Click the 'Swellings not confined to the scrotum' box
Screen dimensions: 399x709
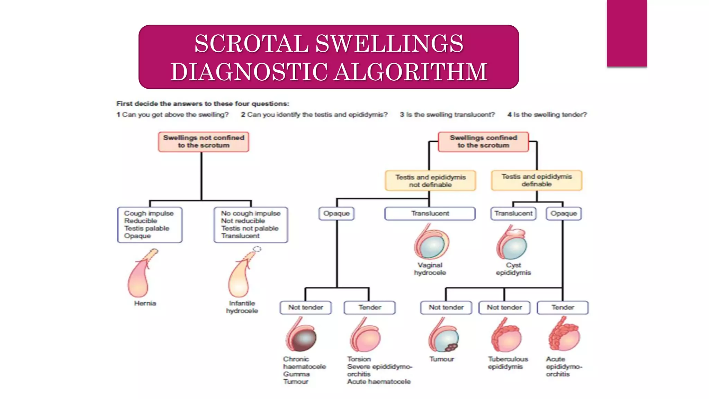tap(204, 142)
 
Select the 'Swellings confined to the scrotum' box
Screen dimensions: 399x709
tap(483, 142)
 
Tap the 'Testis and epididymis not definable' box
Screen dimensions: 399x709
tap(430, 180)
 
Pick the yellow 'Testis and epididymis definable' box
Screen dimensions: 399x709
tap(537, 180)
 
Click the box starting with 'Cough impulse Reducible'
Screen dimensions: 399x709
tap(150, 225)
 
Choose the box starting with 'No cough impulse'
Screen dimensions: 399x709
tap(251, 225)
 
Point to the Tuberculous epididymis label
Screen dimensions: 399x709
tap(508, 363)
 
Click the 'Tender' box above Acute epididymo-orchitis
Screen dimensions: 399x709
tap(563, 307)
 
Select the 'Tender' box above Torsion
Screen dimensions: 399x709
tap(369, 307)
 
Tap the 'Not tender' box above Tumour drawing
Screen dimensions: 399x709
tap(446, 307)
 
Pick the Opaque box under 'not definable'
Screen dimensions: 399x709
tap(336, 213)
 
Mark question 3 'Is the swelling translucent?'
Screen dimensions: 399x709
tap(447, 115)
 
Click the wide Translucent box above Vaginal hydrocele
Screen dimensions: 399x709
tap(430, 213)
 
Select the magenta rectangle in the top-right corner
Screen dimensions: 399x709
tap(627, 33)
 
